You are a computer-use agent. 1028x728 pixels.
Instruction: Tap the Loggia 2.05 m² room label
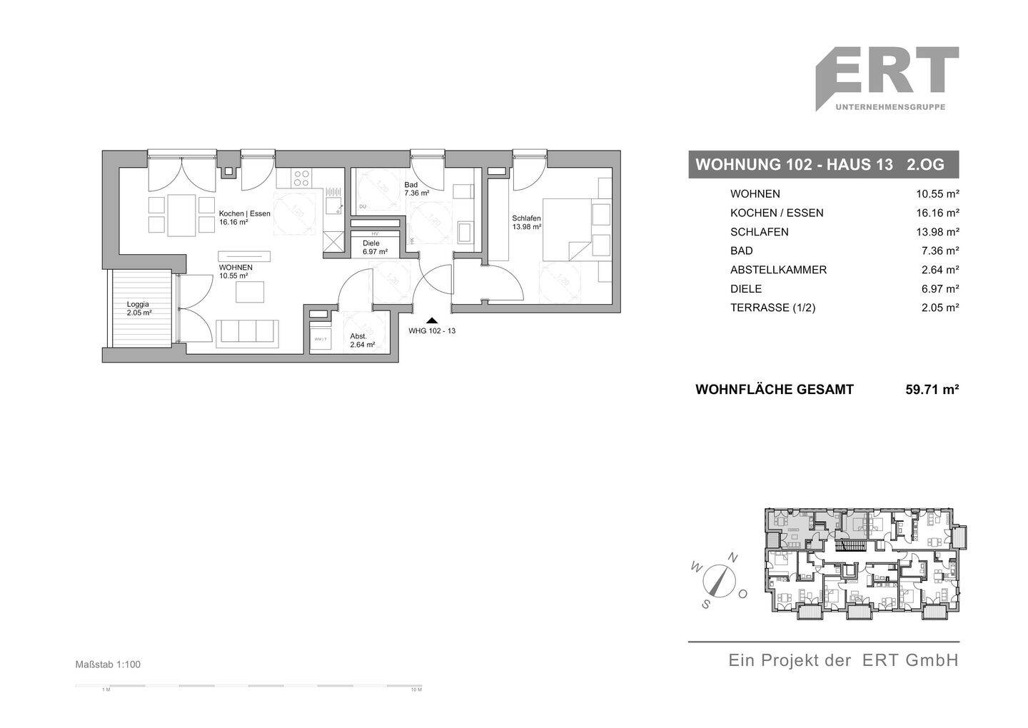(x=138, y=308)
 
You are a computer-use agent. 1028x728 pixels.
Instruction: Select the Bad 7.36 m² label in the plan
(x=416, y=188)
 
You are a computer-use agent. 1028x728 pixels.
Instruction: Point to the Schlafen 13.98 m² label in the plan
(x=526, y=223)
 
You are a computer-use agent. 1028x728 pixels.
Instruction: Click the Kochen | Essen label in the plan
(x=243, y=218)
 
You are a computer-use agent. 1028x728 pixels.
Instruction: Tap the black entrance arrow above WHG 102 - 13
(x=431, y=321)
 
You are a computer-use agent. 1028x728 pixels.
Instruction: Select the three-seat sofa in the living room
(x=247, y=333)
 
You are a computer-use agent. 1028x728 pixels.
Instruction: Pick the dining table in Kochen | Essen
(x=181, y=215)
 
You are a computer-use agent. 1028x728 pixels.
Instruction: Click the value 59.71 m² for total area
(x=932, y=390)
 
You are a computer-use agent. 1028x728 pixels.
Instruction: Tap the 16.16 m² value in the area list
(x=937, y=213)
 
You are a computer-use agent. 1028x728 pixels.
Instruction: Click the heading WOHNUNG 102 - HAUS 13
(x=794, y=165)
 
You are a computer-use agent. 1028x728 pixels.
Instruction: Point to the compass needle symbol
(x=719, y=580)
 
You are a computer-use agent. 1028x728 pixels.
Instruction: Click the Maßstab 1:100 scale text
(x=108, y=664)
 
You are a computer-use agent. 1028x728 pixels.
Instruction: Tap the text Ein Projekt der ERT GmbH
(x=843, y=660)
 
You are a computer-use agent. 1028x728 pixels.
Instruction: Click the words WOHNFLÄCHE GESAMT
(x=774, y=390)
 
